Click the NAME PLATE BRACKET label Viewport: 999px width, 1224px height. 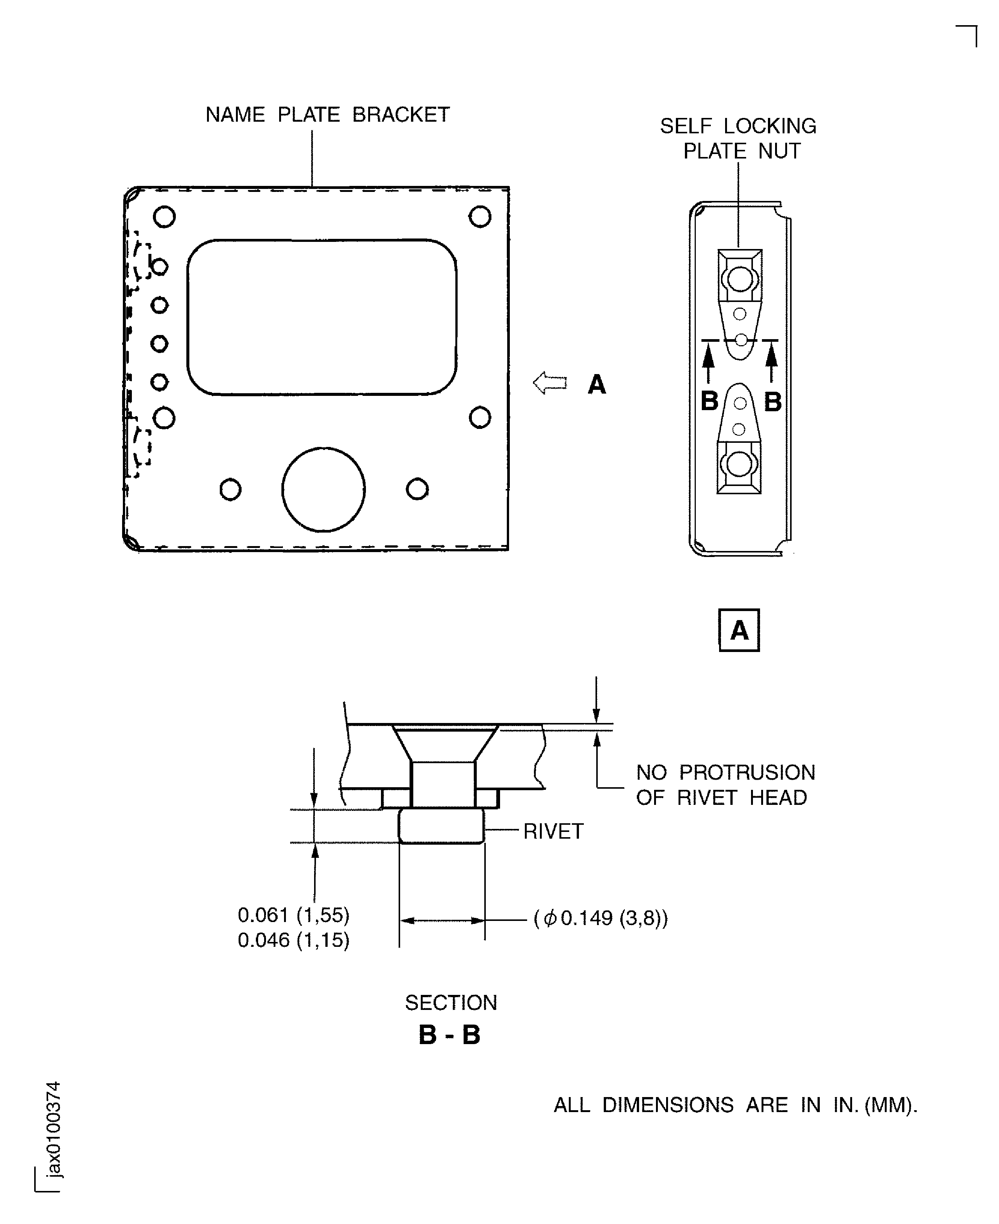(328, 115)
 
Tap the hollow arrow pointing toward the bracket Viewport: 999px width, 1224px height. (550, 383)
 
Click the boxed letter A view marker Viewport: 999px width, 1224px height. (739, 631)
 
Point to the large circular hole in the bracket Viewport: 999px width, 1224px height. (323, 489)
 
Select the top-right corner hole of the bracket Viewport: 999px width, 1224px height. (480, 217)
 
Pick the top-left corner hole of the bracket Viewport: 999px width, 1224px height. (165, 217)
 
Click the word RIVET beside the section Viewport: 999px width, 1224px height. (553, 832)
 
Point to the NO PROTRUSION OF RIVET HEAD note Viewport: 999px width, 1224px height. (725, 785)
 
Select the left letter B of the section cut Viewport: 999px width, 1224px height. (710, 401)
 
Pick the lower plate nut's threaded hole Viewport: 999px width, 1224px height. (739, 463)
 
